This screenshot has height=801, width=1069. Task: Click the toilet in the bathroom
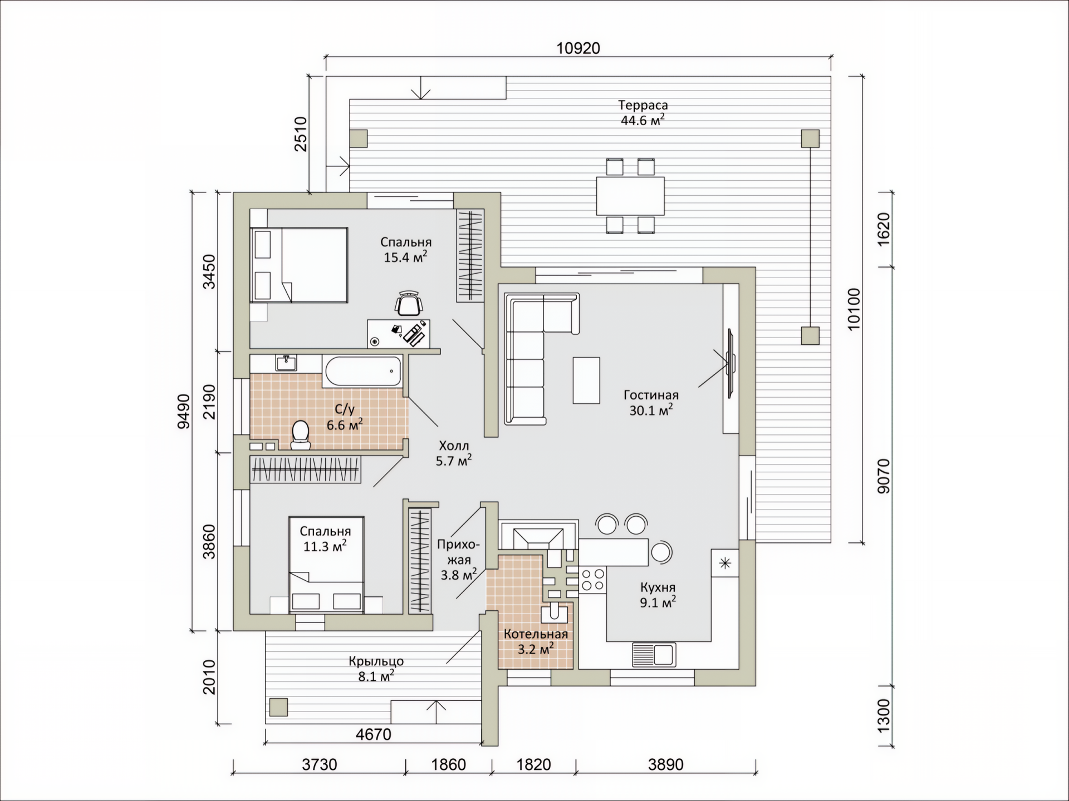pos(301,435)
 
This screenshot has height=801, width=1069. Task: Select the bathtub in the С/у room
pos(362,371)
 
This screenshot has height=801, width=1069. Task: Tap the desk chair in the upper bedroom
pos(409,304)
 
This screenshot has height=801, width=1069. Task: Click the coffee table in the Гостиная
pos(586,380)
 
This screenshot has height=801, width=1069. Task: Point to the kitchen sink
pos(654,655)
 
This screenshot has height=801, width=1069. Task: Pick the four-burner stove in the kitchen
pos(592,579)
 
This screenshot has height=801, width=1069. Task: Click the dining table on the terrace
pos(630,196)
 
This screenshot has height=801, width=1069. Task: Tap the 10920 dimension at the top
pos(578,48)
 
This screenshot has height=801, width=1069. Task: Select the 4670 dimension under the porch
pos(374,734)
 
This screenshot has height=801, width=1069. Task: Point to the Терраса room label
pos(643,105)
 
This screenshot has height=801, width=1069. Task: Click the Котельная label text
pos(536,634)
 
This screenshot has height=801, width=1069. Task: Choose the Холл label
pos(454,446)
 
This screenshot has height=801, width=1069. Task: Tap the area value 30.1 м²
pos(651,411)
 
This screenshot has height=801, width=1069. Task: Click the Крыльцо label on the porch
pos(376,661)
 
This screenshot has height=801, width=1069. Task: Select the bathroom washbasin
pos(286,363)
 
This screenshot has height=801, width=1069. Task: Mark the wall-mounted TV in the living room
pos(730,363)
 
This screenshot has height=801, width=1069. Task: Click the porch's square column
pos(278,707)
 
